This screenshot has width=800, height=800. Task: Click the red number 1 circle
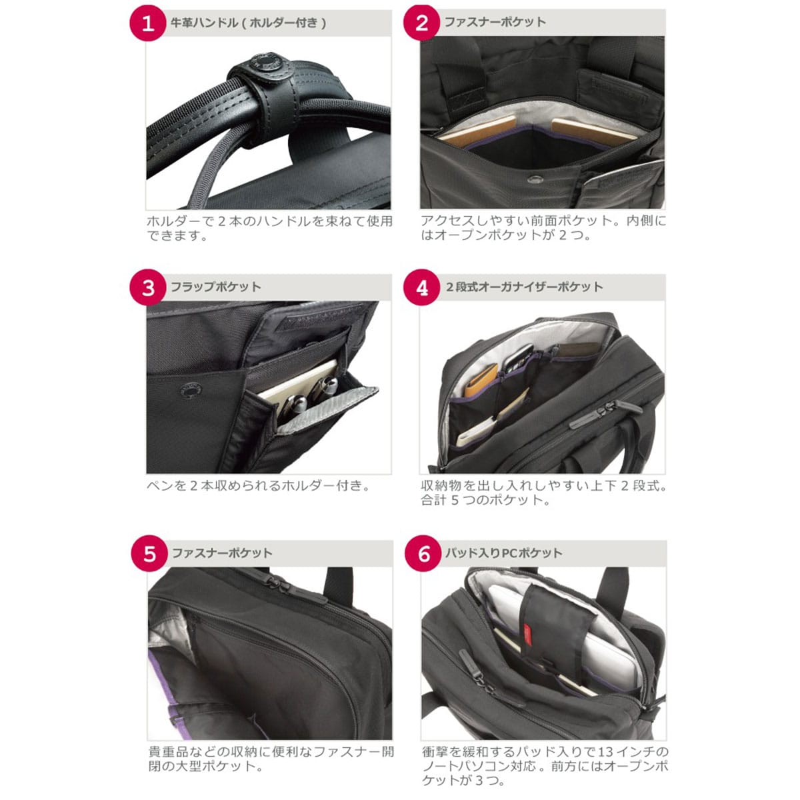pos(148,23)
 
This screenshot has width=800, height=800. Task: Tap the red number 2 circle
pos(421,23)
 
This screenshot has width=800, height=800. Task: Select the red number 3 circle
pos(148,287)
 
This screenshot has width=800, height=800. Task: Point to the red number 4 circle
pos(421,287)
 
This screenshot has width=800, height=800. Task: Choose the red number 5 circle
pos(149,553)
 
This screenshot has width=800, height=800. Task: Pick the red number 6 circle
pos(423,553)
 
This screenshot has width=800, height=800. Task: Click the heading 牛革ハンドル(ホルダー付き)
pos(249,23)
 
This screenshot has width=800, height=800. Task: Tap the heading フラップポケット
pos(216,287)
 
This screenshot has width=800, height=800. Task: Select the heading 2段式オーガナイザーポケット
pos(525,287)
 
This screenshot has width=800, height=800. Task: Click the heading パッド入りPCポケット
pos(504,553)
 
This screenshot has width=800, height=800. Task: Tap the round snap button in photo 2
pos(533,179)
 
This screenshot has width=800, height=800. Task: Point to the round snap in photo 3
pos(191,391)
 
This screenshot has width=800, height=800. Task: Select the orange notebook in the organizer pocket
pos(481,380)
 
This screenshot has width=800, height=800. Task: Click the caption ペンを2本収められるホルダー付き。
pos(258,485)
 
